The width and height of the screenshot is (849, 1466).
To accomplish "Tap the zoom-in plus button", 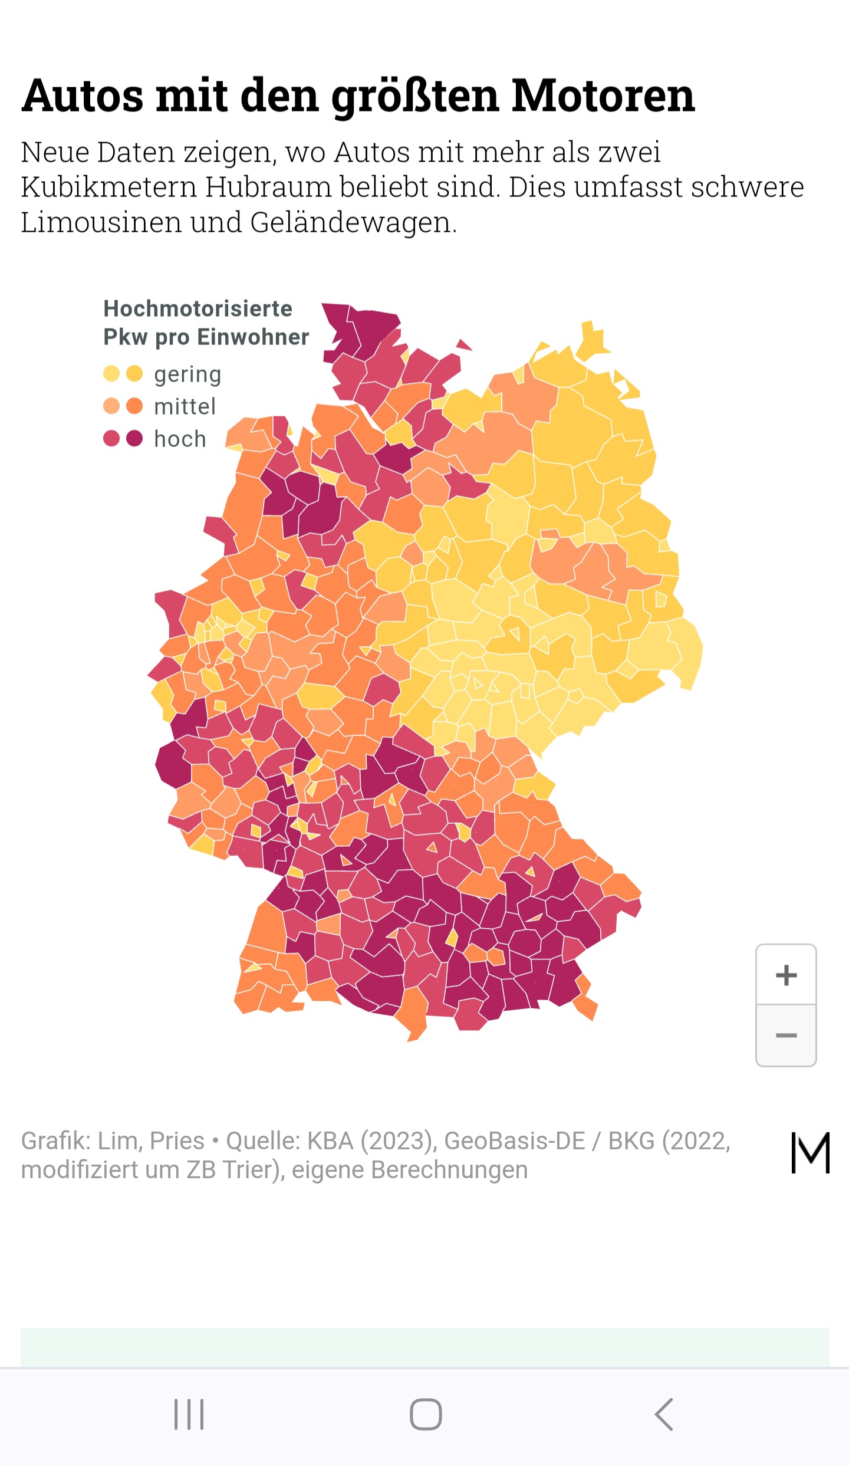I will point(786,975).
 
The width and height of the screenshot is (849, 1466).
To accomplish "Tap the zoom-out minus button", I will point(786,1036).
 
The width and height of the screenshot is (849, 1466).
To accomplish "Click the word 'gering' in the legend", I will point(187,374).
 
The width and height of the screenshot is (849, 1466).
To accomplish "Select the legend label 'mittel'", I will point(185,406).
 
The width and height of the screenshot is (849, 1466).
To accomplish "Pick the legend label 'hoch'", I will point(180,439).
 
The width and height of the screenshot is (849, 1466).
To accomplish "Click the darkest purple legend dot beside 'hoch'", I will point(134,438).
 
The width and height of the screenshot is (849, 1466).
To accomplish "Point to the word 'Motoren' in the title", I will point(603,96).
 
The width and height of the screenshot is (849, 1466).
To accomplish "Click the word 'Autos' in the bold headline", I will point(83,96).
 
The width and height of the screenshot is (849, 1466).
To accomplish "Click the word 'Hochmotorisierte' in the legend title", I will point(198,308).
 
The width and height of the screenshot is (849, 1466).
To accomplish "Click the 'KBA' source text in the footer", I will point(330,1141).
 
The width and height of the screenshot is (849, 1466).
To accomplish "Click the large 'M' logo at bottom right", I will point(810,1152).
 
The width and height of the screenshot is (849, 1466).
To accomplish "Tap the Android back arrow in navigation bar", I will point(664,1414).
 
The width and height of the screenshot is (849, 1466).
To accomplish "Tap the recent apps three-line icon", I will point(189,1414).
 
